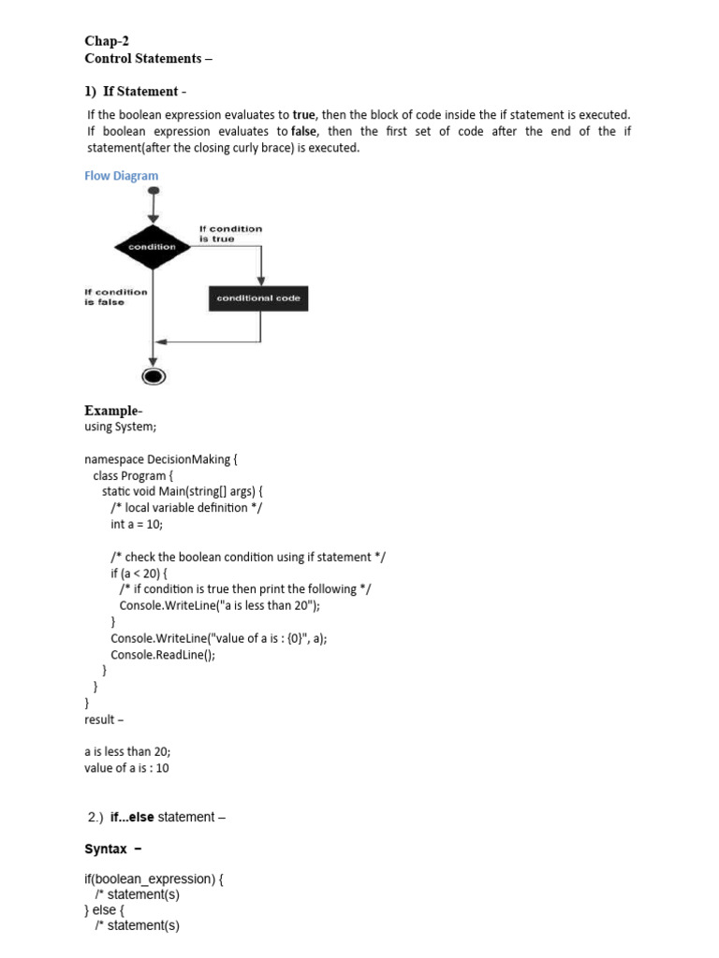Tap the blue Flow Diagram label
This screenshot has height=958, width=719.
click(x=121, y=175)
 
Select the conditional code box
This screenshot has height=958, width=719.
click(x=258, y=298)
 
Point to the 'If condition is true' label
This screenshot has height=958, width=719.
click(x=230, y=234)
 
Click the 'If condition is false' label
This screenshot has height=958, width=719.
click(x=116, y=297)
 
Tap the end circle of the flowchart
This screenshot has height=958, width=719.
click(x=153, y=376)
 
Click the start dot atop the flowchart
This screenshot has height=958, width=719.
click(x=153, y=192)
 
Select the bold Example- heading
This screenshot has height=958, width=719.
click(x=112, y=411)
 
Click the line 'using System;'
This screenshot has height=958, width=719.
click(x=120, y=427)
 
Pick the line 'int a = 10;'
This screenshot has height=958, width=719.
click(x=137, y=524)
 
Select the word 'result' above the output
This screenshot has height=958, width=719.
click(x=99, y=719)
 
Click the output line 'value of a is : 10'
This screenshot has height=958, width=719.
click(x=126, y=768)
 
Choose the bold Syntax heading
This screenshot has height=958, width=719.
click(x=106, y=849)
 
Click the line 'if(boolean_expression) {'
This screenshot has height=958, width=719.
click(x=154, y=879)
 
